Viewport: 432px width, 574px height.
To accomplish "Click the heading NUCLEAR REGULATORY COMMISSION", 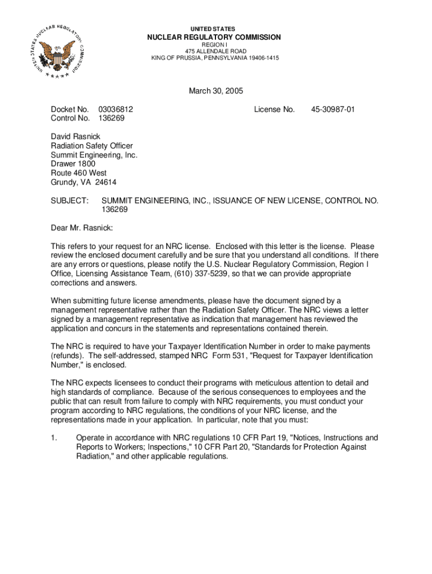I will (214, 38).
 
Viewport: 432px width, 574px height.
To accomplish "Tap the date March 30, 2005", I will (215, 91).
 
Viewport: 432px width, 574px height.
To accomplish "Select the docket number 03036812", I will (116, 109).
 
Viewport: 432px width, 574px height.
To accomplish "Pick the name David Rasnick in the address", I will (76, 137).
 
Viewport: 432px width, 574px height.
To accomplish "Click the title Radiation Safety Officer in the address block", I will (91, 146).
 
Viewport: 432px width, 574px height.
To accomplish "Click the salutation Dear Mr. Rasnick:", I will (82, 228).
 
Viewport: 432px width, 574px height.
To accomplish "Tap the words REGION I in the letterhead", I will (214, 45).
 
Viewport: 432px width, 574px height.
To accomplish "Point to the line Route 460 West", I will (79, 173).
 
